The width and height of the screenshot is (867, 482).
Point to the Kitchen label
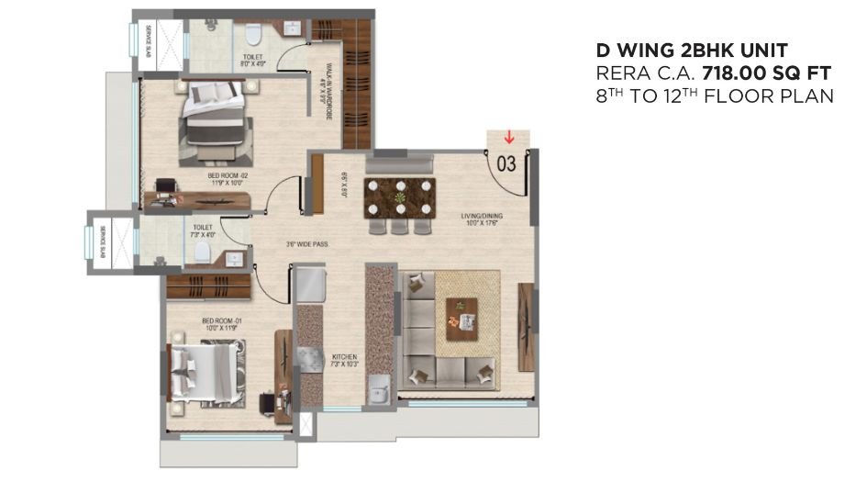point(345,359)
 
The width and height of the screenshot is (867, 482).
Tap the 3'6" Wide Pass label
point(306,244)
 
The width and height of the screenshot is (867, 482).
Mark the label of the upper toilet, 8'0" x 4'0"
point(252,61)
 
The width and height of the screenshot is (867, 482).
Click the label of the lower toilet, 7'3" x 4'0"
point(203,230)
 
